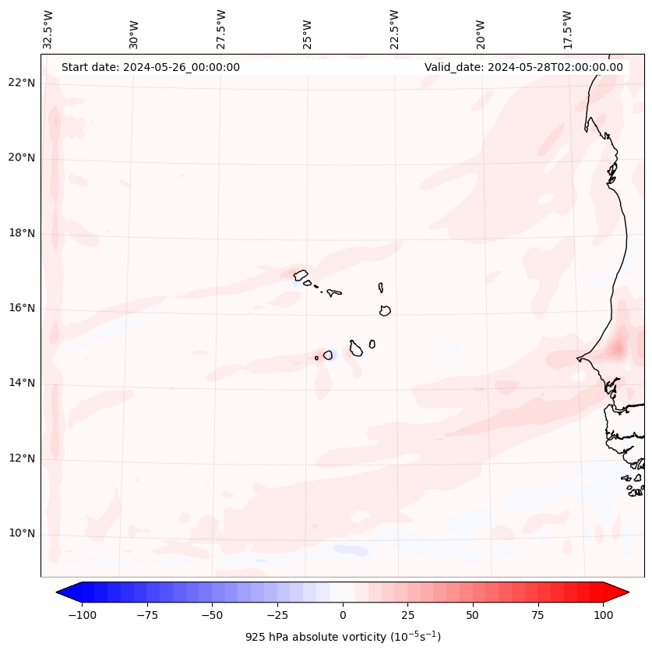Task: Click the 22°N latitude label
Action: pos(22,83)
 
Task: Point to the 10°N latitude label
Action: pos(22,534)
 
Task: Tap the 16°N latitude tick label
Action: pos(22,309)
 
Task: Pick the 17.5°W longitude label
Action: pos(567,29)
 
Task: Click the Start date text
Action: pos(150,67)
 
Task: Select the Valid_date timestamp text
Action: pos(523,67)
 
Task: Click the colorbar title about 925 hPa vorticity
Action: pos(343,637)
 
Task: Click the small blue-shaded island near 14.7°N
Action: pos(328,355)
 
